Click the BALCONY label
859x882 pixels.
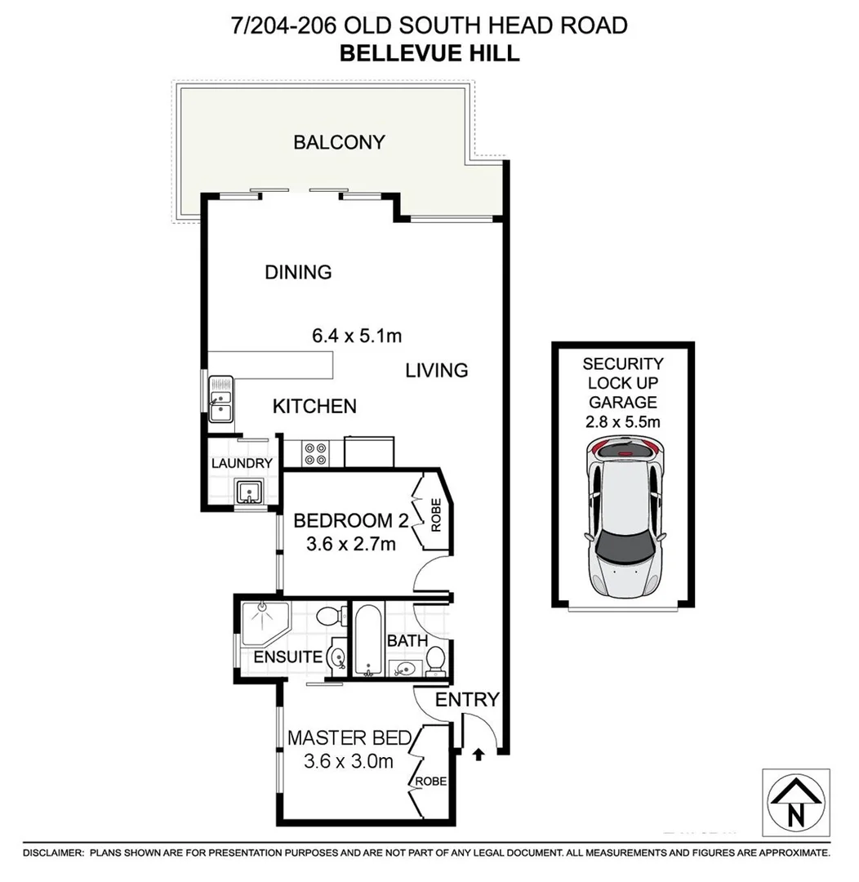click(339, 142)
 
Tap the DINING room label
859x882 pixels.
click(298, 272)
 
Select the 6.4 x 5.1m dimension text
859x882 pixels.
click(357, 336)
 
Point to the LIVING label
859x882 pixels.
click(437, 371)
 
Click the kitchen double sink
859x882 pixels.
click(220, 398)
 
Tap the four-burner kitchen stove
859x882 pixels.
click(315, 453)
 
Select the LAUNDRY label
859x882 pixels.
click(241, 464)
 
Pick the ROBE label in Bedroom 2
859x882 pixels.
click(435, 515)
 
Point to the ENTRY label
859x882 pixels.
click(466, 699)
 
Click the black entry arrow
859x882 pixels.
click(478, 752)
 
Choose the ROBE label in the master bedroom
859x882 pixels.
click(430, 782)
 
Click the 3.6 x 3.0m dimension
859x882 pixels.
click(348, 762)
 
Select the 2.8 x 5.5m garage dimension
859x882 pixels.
click(624, 421)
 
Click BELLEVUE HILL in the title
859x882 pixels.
click(429, 54)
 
